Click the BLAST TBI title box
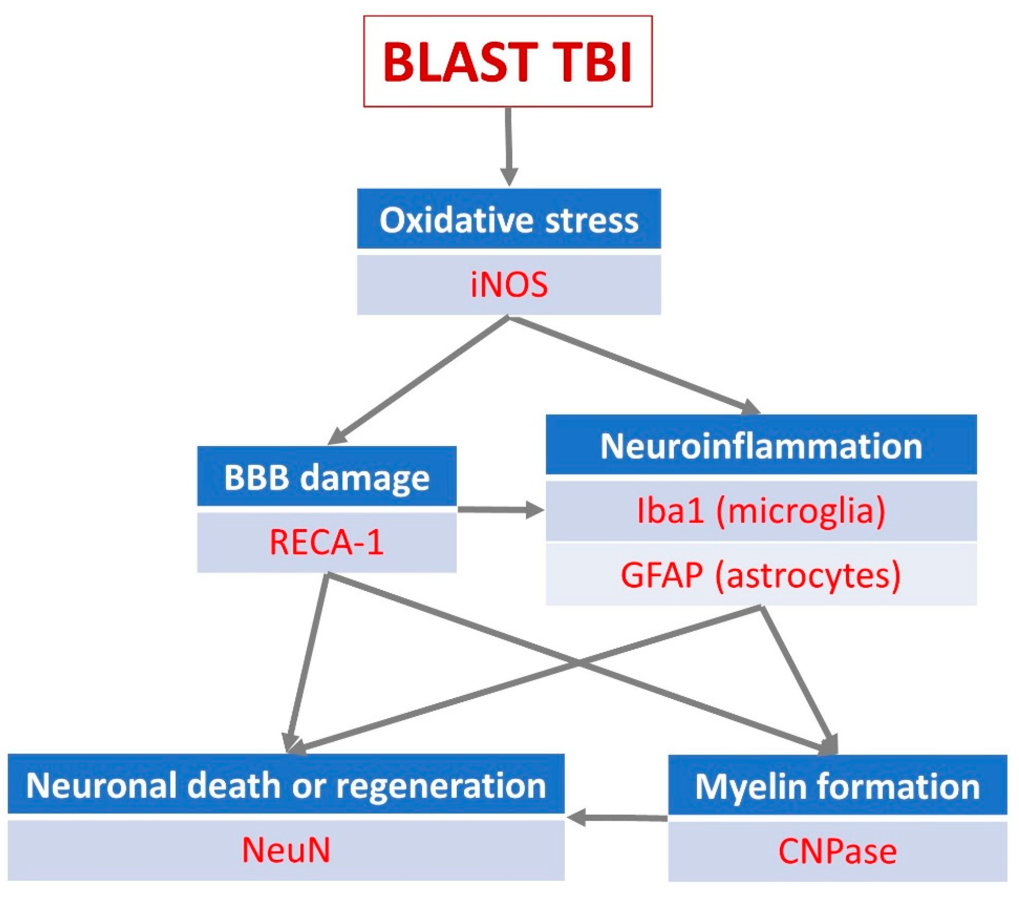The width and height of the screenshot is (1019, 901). [x=508, y=61]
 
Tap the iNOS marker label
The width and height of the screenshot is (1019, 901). [x=508, y=285]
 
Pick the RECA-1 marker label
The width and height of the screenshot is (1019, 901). [x=327, y=542]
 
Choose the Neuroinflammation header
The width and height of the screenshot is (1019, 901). [x=761, y=445]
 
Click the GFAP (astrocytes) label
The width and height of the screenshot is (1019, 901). [x=761, y=575]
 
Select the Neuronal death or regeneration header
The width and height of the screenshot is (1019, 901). [x=286, y=785]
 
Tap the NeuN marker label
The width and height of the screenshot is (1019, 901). [x=286, y=850]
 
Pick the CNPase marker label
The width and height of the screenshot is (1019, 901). [x=837, y=851]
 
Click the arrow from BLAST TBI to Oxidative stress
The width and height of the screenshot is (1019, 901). [x=508, y=144]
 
